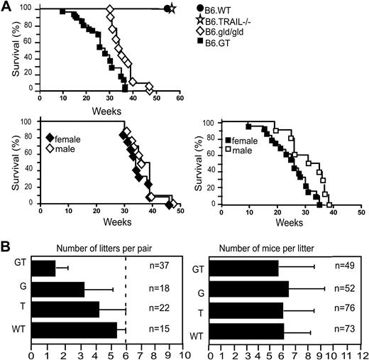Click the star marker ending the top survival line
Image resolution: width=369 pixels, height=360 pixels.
click(172, 9)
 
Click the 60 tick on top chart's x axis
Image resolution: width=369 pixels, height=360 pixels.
click(180, 99)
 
